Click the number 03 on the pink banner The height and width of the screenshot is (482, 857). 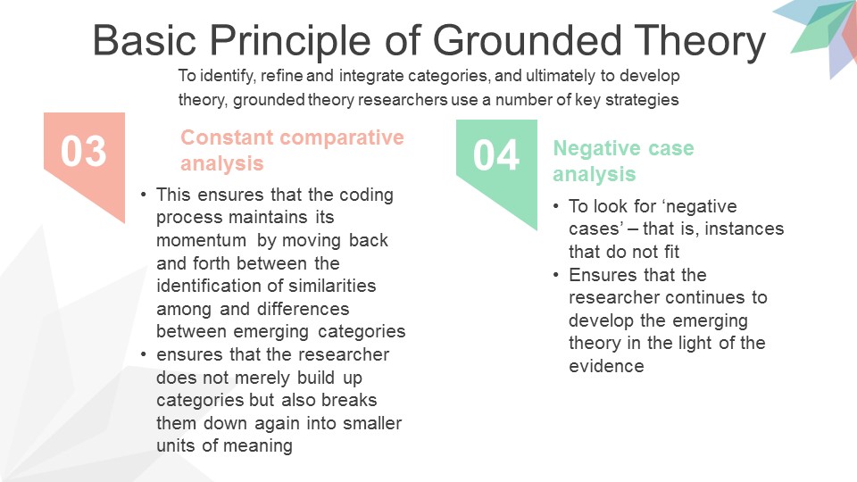click(84, 152)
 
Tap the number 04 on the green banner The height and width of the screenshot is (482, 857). click(496, 156)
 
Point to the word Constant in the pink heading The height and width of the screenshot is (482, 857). click(220, 137)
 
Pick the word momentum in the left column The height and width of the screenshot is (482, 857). click(201, 240)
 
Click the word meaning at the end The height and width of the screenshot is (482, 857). click(262, 445)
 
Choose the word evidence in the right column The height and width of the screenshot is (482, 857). click(606, 366)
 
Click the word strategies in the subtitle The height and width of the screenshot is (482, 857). click(641, 100)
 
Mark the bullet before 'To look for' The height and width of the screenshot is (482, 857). click(557, 206)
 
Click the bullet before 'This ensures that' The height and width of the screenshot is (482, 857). click(145, 195)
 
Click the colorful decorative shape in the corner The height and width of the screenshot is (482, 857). click(817, 36)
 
